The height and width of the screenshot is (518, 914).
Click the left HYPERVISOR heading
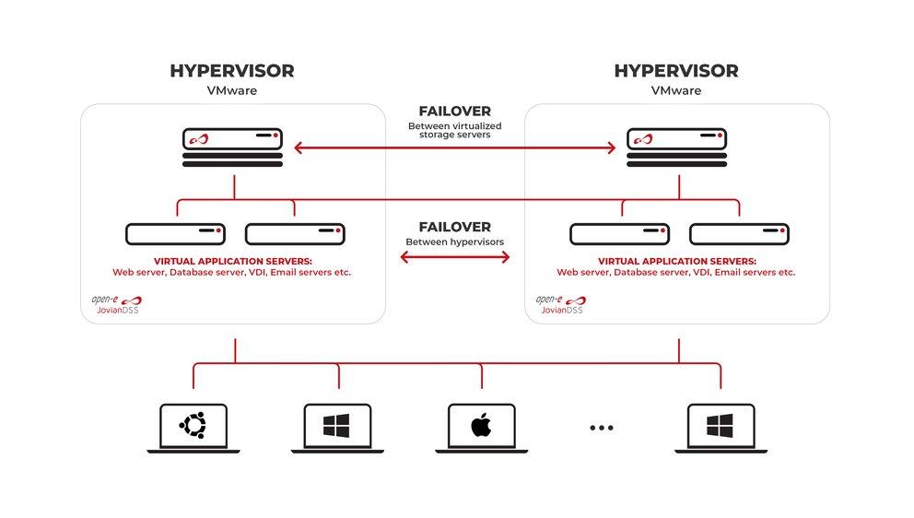tap(232, 72)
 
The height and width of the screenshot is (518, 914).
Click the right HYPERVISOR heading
tap(675, 72)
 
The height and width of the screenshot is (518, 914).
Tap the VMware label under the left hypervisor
tap(232, 91)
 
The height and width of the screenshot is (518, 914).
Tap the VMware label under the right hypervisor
tap(675, 91)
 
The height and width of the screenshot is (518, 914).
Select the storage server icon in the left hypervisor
tap(232, 147)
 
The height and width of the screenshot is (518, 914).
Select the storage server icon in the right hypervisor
tap(676, 147)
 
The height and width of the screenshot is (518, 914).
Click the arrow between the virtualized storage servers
tap(455, 147)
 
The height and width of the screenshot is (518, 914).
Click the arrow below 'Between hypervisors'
tap(455, 257)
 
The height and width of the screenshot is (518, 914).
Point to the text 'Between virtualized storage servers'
tap(455, 129)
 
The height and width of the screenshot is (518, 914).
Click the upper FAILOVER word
tap(455, 112)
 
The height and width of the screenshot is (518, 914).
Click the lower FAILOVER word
tap(455, 227)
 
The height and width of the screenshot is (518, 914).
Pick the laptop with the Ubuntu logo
tap(193, 428)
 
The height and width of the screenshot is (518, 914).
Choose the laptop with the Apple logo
tap(481, 428)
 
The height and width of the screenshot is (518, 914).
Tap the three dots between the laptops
tap(601, 428)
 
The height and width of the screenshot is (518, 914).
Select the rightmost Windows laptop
tap(719, 428)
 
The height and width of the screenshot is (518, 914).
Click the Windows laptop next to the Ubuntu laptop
tap(336, 428)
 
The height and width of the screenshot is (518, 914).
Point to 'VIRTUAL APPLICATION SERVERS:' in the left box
tap(232, 261)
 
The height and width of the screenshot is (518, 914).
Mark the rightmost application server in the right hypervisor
tap(739, 234)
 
